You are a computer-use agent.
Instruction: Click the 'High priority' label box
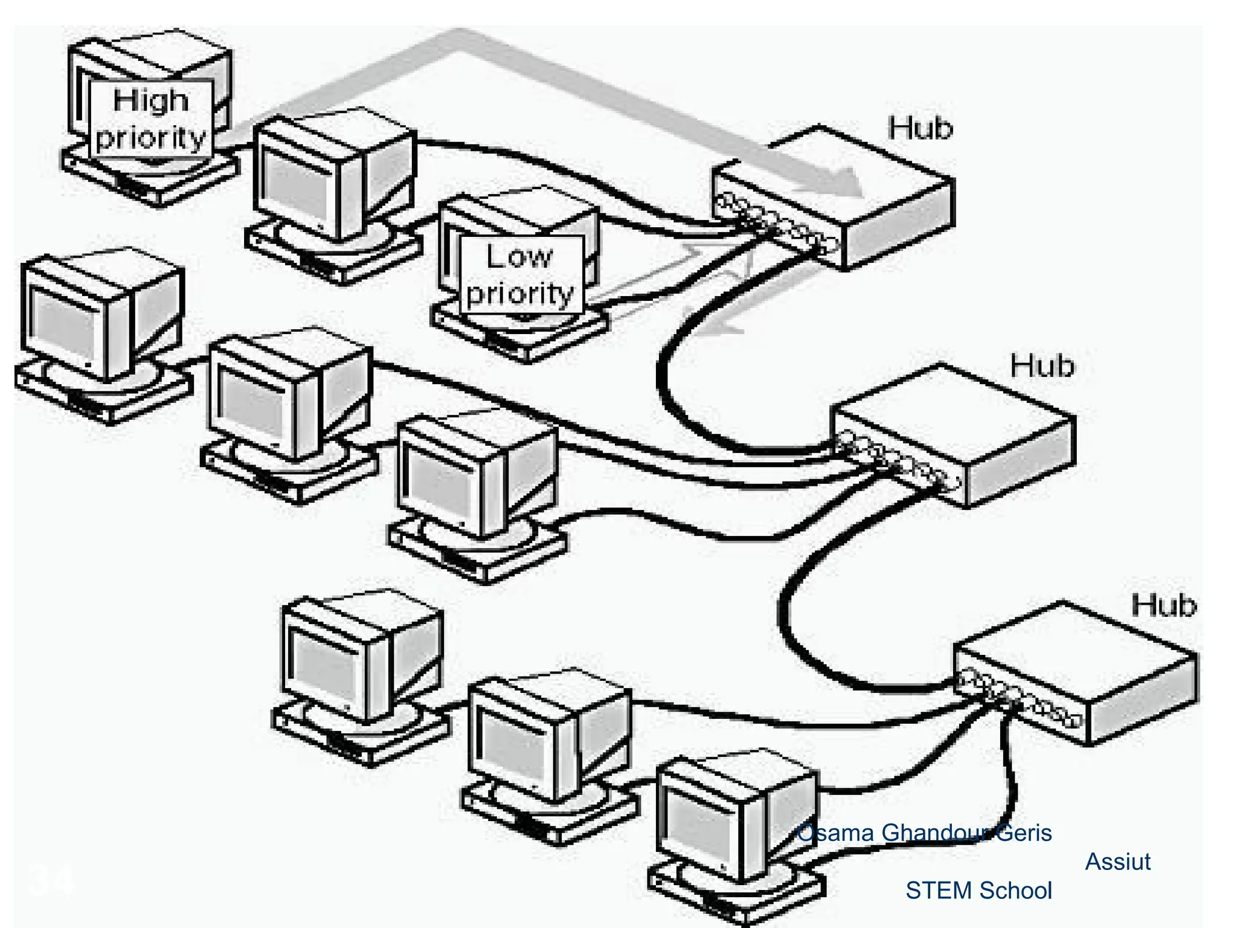(151, 118)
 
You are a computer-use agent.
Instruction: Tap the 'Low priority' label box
(521, 275)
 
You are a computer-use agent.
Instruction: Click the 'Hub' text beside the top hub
(920, 128)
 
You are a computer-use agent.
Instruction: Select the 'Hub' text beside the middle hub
(1042, 366)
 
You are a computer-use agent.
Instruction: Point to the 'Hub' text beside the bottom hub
(1163, 605)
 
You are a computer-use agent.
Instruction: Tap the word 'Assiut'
(1117, 862)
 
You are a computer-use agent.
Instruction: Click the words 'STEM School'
(978, 891)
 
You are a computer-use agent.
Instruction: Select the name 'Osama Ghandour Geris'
(924, 833)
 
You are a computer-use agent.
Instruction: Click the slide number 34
(51, 880)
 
